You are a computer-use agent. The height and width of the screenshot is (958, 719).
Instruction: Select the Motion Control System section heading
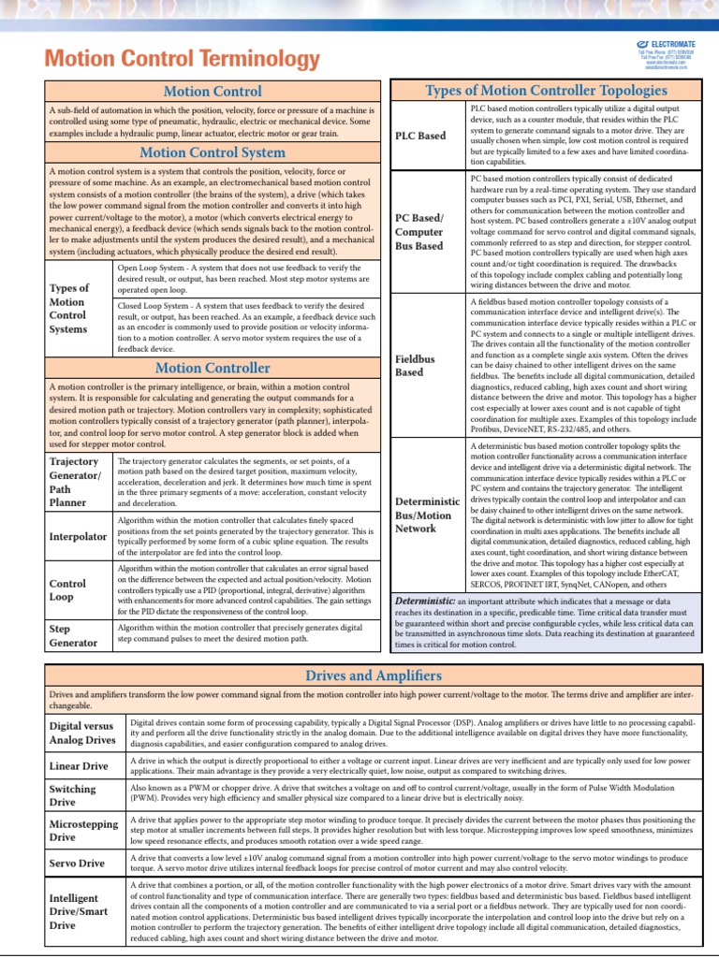point(212,152)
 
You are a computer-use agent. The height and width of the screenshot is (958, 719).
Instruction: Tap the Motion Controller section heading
point(212,369)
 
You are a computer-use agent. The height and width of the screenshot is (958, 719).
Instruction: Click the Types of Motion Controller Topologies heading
point(546,91)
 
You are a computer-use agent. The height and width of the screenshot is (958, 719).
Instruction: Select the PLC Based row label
point(421,136)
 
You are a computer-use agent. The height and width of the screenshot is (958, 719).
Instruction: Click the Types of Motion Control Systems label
point(69,309)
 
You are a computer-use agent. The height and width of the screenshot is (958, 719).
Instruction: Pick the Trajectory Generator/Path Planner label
point(74,482)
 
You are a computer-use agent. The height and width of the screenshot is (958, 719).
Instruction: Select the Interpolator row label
point(77,537)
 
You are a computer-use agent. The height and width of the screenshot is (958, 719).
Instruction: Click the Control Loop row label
point(66,589)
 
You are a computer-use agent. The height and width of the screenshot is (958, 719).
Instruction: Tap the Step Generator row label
point(72,636)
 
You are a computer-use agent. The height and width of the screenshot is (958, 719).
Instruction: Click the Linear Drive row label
point(79,766)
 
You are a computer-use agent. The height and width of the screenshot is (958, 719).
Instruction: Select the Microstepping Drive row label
point(83,831)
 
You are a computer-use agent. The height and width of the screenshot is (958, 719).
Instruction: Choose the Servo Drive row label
point(77,863)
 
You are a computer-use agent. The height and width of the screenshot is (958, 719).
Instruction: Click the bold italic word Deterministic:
point(425,599)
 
